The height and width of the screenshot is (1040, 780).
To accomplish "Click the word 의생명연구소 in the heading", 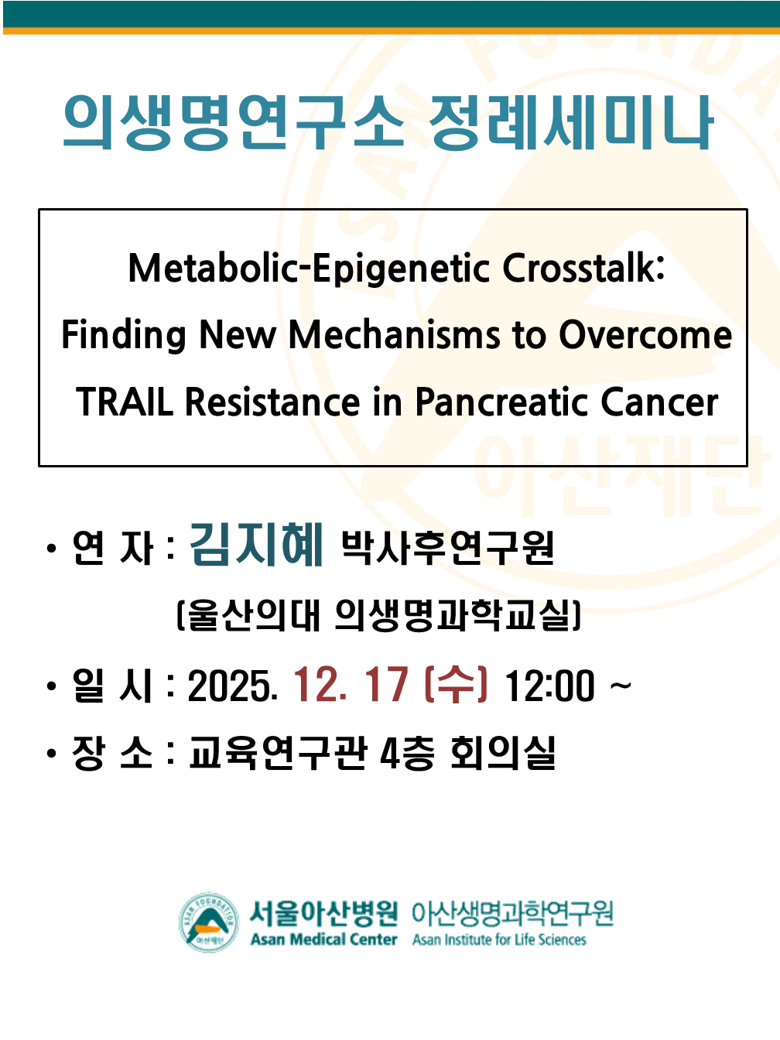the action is coord(234,122).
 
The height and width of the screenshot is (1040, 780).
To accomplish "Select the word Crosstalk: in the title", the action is coord(583,268).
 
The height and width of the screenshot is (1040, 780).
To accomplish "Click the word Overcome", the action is coord(646,335).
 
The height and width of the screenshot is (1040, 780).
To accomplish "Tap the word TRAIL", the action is coord(124,402).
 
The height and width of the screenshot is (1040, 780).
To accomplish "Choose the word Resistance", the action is coord(272,402).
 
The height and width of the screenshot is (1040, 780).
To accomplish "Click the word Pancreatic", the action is coord(501,402).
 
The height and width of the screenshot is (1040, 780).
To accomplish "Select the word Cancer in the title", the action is coord(659,402).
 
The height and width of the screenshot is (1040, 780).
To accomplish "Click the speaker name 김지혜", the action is coord(256,545).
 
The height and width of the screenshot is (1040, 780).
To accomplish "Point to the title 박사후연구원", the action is coord(447,548).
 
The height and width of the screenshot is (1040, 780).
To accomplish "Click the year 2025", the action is coord(232,686).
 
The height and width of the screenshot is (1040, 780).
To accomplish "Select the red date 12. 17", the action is coord(351,685).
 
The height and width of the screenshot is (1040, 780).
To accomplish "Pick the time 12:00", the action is coord(549,686).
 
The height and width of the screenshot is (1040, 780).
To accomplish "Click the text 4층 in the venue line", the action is coord(407,753).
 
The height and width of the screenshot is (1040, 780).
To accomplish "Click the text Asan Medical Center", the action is coord(323,939).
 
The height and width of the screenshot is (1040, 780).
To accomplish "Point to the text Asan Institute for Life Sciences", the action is coord(499,939).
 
